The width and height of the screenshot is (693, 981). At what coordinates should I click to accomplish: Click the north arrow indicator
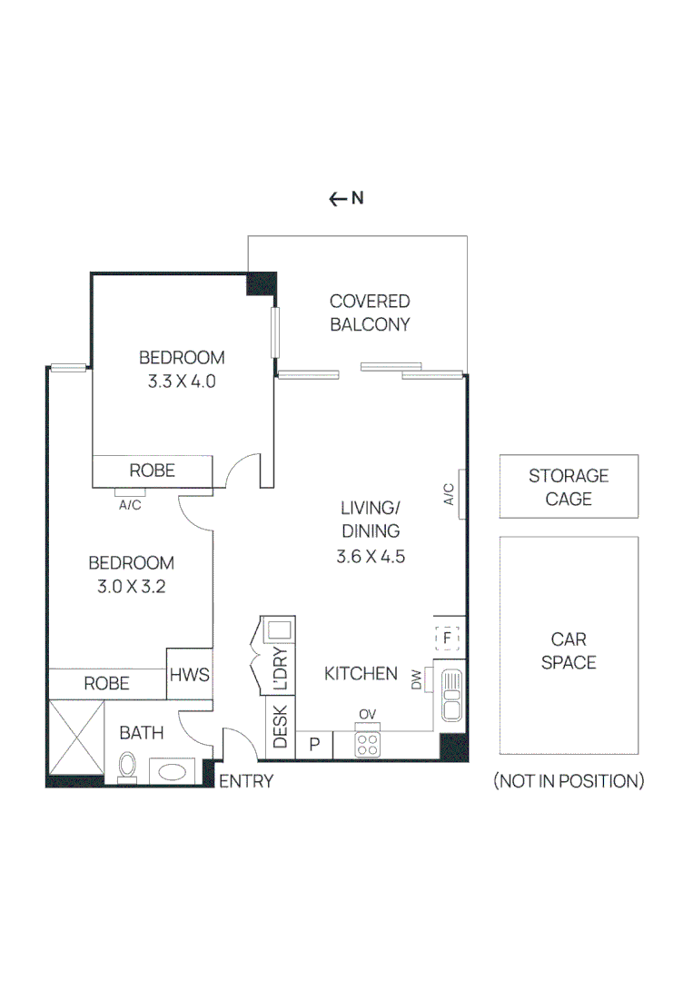(x=346, y=199)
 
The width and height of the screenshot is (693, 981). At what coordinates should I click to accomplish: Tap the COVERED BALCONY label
(x=370, y=312)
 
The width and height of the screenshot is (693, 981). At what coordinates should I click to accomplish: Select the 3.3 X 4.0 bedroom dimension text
(x=182, y=381)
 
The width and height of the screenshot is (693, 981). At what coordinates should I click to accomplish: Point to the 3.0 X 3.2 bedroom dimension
(x=131, y=587)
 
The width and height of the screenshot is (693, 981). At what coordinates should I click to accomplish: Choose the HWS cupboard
(x=189, y=675)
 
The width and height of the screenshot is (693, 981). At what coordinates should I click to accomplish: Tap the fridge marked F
(x=448, y=639)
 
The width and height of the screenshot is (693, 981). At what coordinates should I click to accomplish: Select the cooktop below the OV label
(x=367, y=746)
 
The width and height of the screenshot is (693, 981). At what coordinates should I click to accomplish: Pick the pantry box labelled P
(x=315, y=745)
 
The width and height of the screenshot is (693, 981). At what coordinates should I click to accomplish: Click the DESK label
(x=280, y=728)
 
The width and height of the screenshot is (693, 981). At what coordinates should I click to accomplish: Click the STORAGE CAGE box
(x=569, y=487)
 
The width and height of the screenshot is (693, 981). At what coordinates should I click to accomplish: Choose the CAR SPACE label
(x=569, y=651)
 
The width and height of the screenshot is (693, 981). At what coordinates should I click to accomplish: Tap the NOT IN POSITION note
(x=569, y=781)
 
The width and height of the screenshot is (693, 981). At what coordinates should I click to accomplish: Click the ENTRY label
(x=246, y=781)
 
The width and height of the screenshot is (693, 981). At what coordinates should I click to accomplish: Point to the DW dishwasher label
(x=417, y=680)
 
